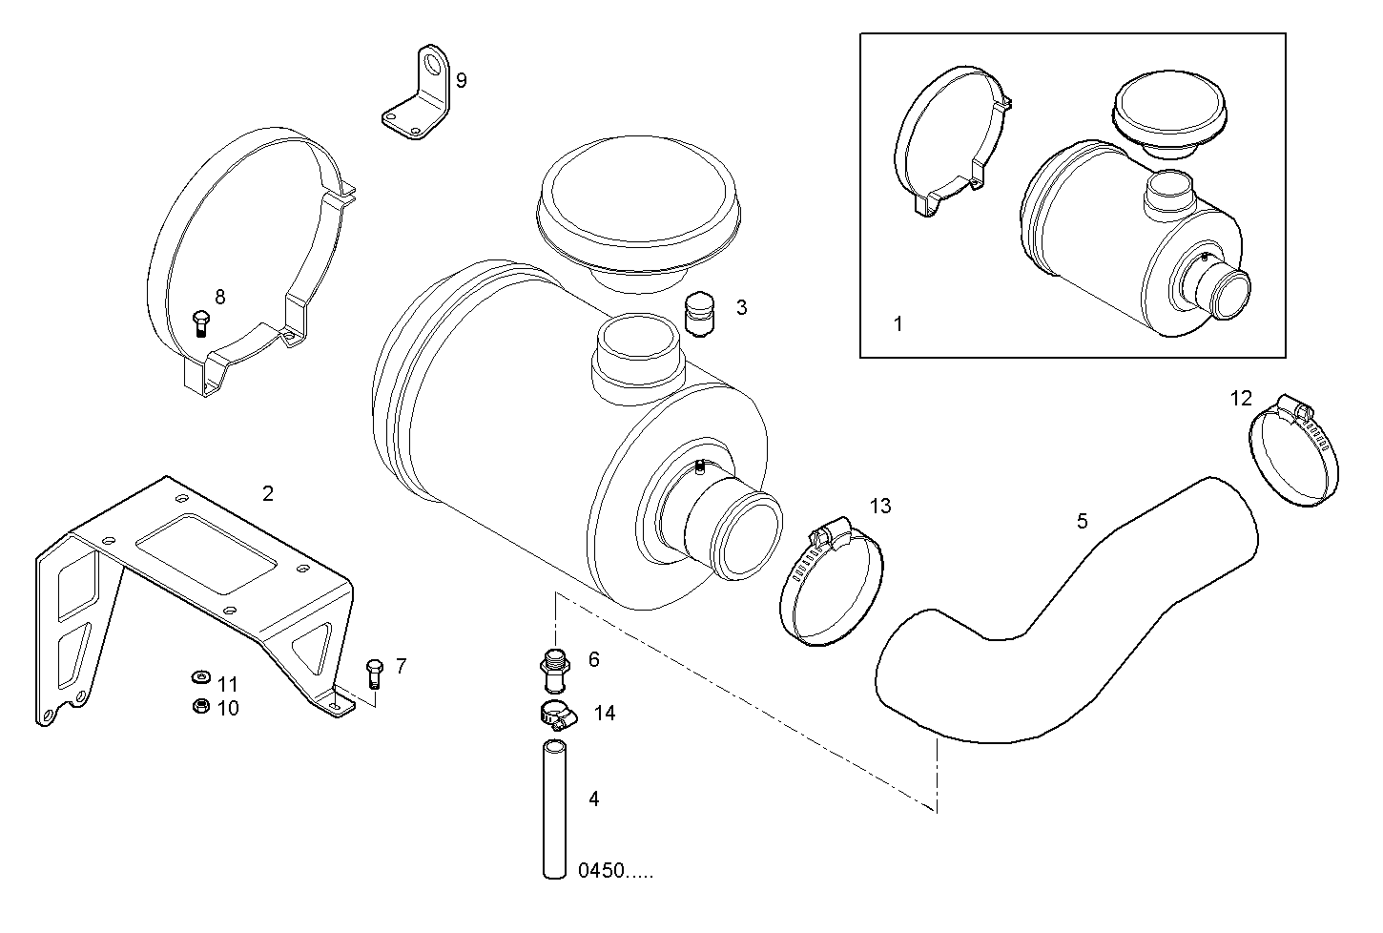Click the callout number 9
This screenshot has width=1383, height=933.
pos(462,80)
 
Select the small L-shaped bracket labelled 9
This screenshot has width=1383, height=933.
pos(417,95)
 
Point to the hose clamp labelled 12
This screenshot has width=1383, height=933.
pos(1293,452)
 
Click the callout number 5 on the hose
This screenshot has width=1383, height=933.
pos(1082,521)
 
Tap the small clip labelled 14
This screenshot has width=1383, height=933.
pos(557,715)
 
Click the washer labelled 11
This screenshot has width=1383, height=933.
pos(198,678)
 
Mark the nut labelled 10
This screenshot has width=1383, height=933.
pos(200,707)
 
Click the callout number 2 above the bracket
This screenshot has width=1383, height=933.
pos(268,493)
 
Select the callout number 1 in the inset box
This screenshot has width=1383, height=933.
pos(898,324)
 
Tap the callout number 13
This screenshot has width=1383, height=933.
pos(880,506)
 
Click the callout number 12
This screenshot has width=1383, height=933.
pos(1241,399)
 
